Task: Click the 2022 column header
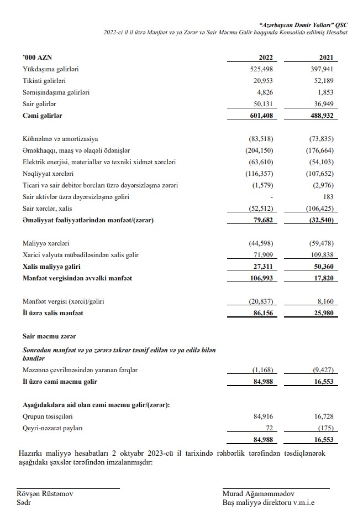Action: point(265,58)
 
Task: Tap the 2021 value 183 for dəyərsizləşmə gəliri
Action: point(333,197)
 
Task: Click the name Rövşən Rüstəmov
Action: point(44,493)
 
